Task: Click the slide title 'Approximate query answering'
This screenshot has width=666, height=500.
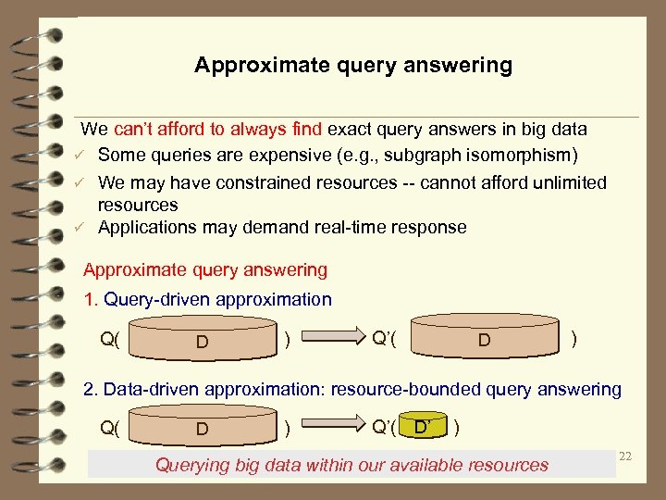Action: tap(353, 66)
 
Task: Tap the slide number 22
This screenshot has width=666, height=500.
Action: tap(624, 456)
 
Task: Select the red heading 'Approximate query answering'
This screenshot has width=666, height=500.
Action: tap(205, 270)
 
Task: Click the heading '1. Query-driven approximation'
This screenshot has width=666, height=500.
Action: tap(207, 299)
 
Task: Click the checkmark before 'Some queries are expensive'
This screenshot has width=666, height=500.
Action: tap(82, 155)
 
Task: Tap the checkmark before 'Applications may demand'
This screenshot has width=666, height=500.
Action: tap(82, 228)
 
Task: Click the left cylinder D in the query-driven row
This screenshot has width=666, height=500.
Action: tap(202, 340)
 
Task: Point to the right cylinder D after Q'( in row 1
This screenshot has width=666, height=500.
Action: tap(484, 339)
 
